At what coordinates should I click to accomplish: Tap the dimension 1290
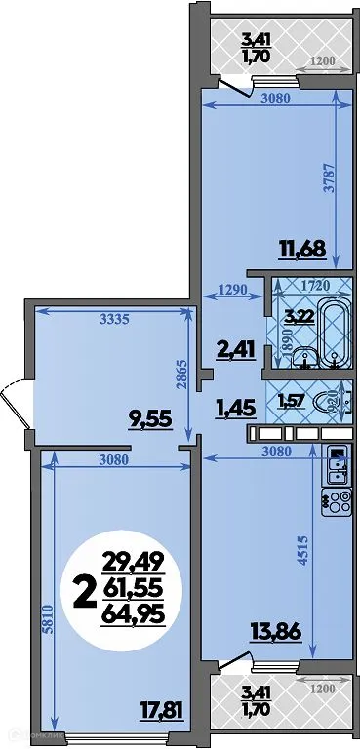click(231, 290)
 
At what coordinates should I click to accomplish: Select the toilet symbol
click(335, 400)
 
